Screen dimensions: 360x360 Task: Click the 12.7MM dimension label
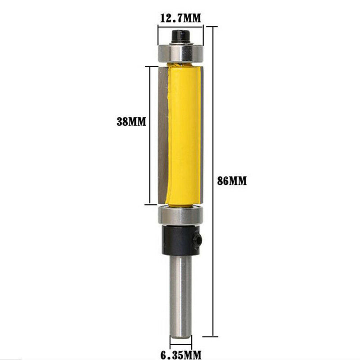click(x=180, y=18)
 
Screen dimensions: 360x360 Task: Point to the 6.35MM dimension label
click(x=180, y=354)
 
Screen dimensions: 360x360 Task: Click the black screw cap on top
click(x=181, y=35)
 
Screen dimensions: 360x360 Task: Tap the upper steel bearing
click(x=180, y=53)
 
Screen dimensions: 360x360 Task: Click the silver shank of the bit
click(x=180, y=292)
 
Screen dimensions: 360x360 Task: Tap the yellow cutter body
click(x=183, y=135)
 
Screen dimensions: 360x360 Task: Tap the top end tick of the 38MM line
click(x=149, y=66)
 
